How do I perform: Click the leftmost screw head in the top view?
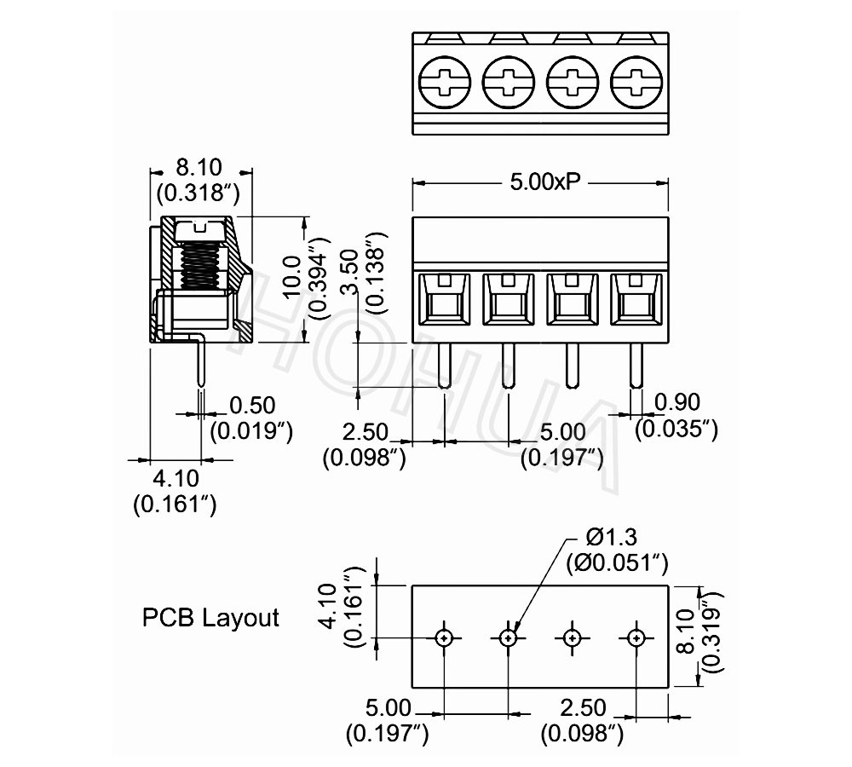[444, 84]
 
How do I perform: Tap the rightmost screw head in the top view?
[636, 84]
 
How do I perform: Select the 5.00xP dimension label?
[539, 182]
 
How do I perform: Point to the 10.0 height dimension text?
[292, 279]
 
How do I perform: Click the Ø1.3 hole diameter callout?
[613, 538]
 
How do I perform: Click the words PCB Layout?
[210, 618]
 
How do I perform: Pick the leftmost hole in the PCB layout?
[445, 637]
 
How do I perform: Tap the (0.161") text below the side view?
[175, 505]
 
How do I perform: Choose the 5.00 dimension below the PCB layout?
[388, 707]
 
